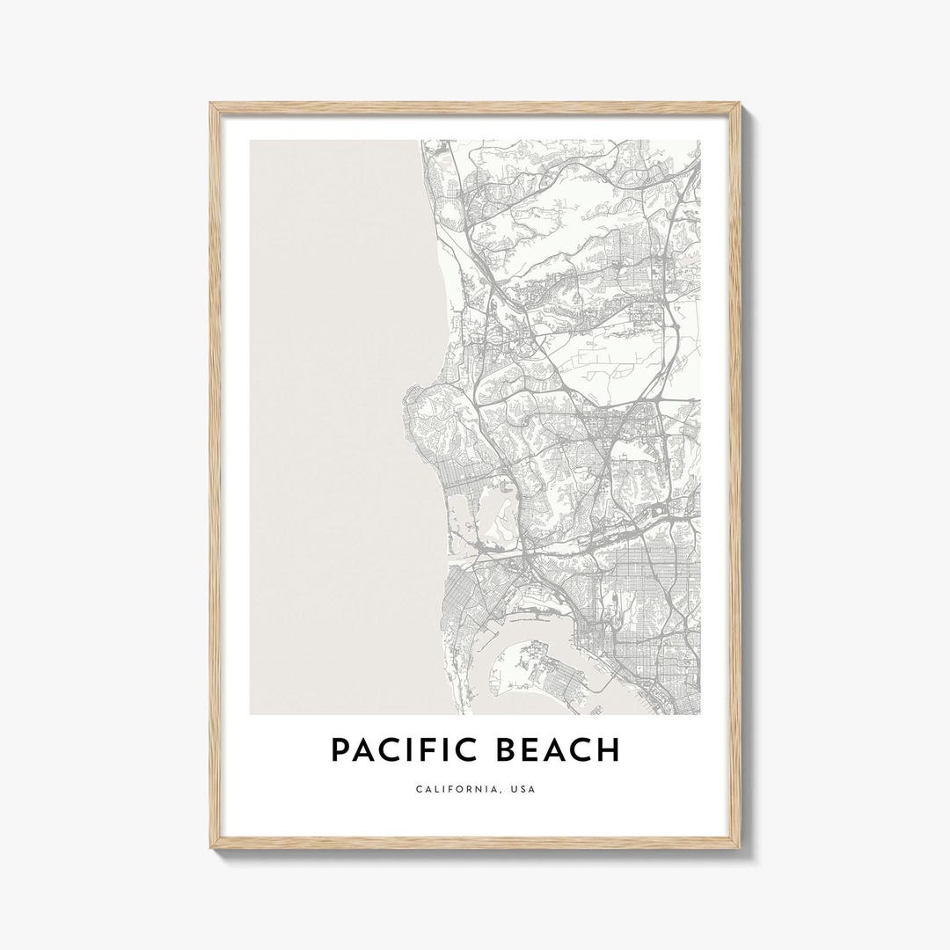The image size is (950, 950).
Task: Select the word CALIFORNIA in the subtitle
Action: [x=454, y=790]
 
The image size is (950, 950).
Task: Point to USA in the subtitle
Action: [x=521, y=790]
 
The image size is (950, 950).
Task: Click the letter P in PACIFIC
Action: [x=340, y=750]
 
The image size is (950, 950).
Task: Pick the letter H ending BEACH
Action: [x=608, y=750]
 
